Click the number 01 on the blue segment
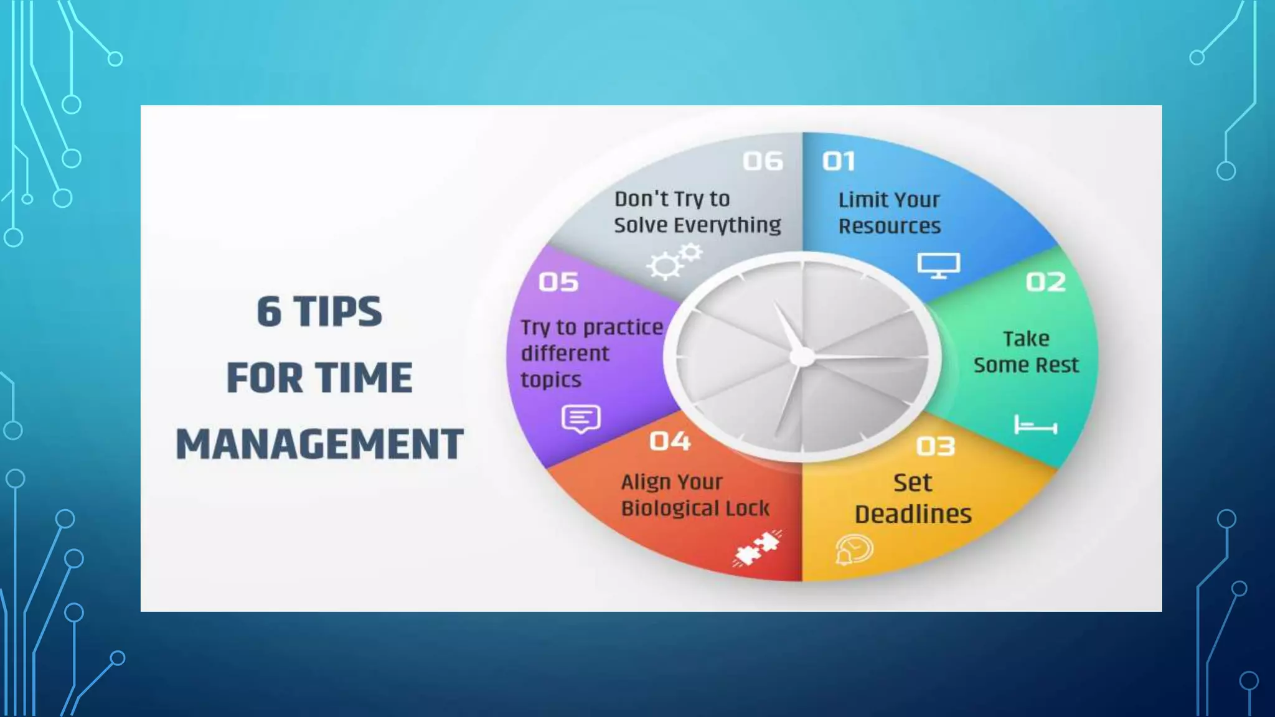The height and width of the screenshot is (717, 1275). (x=839, y=162)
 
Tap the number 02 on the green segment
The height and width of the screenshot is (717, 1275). (x=1046, y=283)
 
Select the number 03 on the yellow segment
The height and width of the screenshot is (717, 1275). (x=935, y=446)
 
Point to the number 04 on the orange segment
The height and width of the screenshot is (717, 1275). (x=670, y=442)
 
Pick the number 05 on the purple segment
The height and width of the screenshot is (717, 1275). (x=558, y=283)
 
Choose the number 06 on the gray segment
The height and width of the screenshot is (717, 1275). (x=763, y=162)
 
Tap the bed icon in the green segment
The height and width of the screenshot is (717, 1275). (x=1035, y=426)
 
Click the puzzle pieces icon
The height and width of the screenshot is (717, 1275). (x=757, y=548)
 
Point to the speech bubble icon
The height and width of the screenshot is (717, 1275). (x=581, y=419)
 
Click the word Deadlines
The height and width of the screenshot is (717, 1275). (x=913, y=515)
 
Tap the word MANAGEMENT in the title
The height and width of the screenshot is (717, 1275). (x=319, y=444)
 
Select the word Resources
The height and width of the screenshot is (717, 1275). (x=889, y=227)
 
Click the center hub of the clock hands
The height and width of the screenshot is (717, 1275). (x=802, y=357)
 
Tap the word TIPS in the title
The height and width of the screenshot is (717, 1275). (x=337, y=311)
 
